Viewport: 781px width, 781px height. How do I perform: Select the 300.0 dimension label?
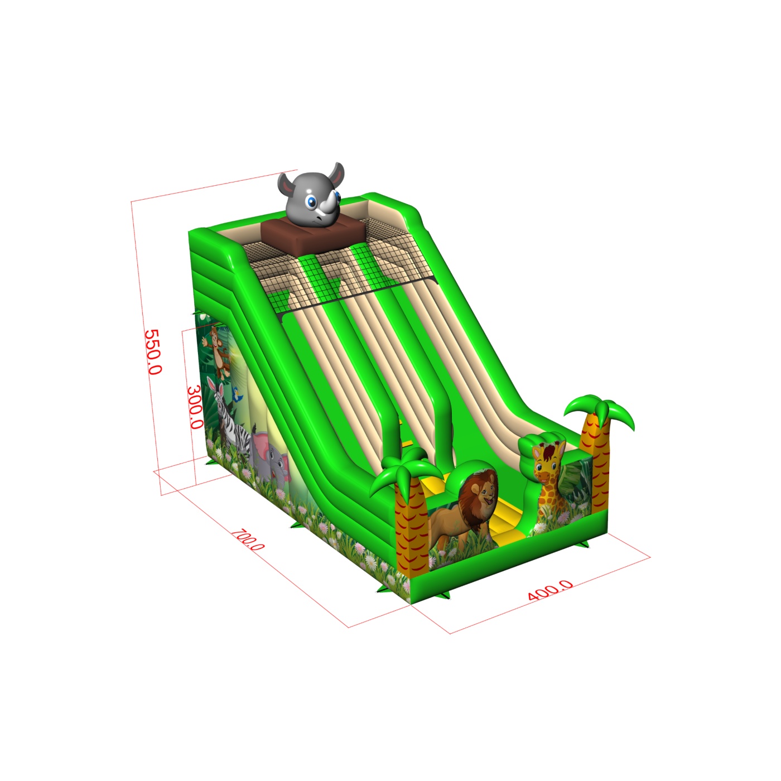pos(195,407)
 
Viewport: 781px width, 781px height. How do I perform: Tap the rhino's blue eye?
pos(311,201)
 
